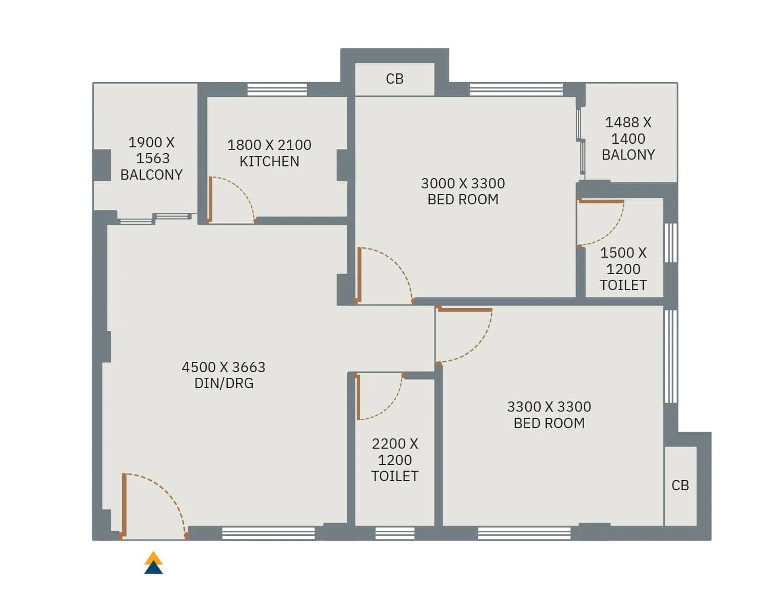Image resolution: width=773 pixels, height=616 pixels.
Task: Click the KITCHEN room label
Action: [269, 161]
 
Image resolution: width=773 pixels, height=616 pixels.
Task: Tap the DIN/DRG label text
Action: [224, 383]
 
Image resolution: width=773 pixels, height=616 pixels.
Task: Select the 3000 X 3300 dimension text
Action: [463, 183]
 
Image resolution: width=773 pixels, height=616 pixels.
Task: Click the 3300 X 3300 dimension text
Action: [549, 407]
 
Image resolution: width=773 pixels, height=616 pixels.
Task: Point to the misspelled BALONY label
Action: [628, 155]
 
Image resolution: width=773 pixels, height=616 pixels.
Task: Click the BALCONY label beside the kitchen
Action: [151, 175]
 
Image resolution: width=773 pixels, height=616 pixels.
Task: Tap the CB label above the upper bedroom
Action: [394, 79]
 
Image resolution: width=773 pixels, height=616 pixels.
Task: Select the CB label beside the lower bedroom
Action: [680, 485]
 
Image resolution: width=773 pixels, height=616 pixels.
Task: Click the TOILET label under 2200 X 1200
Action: [394, 476]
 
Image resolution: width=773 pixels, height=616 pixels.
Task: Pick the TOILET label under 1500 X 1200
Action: [623, 285]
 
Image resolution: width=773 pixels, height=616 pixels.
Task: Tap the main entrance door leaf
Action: [124, 505]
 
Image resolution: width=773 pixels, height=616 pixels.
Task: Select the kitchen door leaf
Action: [210, 200]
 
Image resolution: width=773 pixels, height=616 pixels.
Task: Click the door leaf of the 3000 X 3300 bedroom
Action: [360, 275]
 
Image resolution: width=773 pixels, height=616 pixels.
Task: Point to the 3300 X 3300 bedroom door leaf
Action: [465, 310]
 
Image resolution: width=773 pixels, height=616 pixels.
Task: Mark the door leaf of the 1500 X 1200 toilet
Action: [601, 202]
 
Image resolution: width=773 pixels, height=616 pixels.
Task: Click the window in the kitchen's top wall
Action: [277, 89]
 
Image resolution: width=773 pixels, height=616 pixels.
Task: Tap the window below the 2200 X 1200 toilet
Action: [394, 533]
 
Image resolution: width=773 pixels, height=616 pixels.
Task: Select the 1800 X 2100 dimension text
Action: [269, 145]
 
